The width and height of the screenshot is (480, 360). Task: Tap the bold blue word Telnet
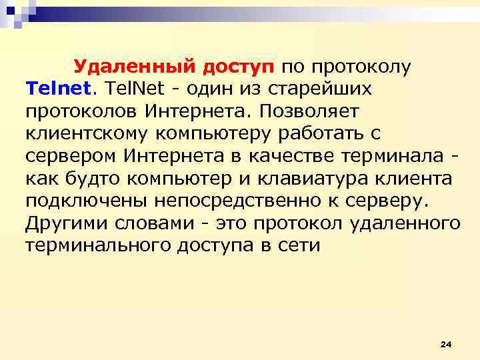click(61, 89)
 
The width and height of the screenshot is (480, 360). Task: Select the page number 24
click(446, 343)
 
